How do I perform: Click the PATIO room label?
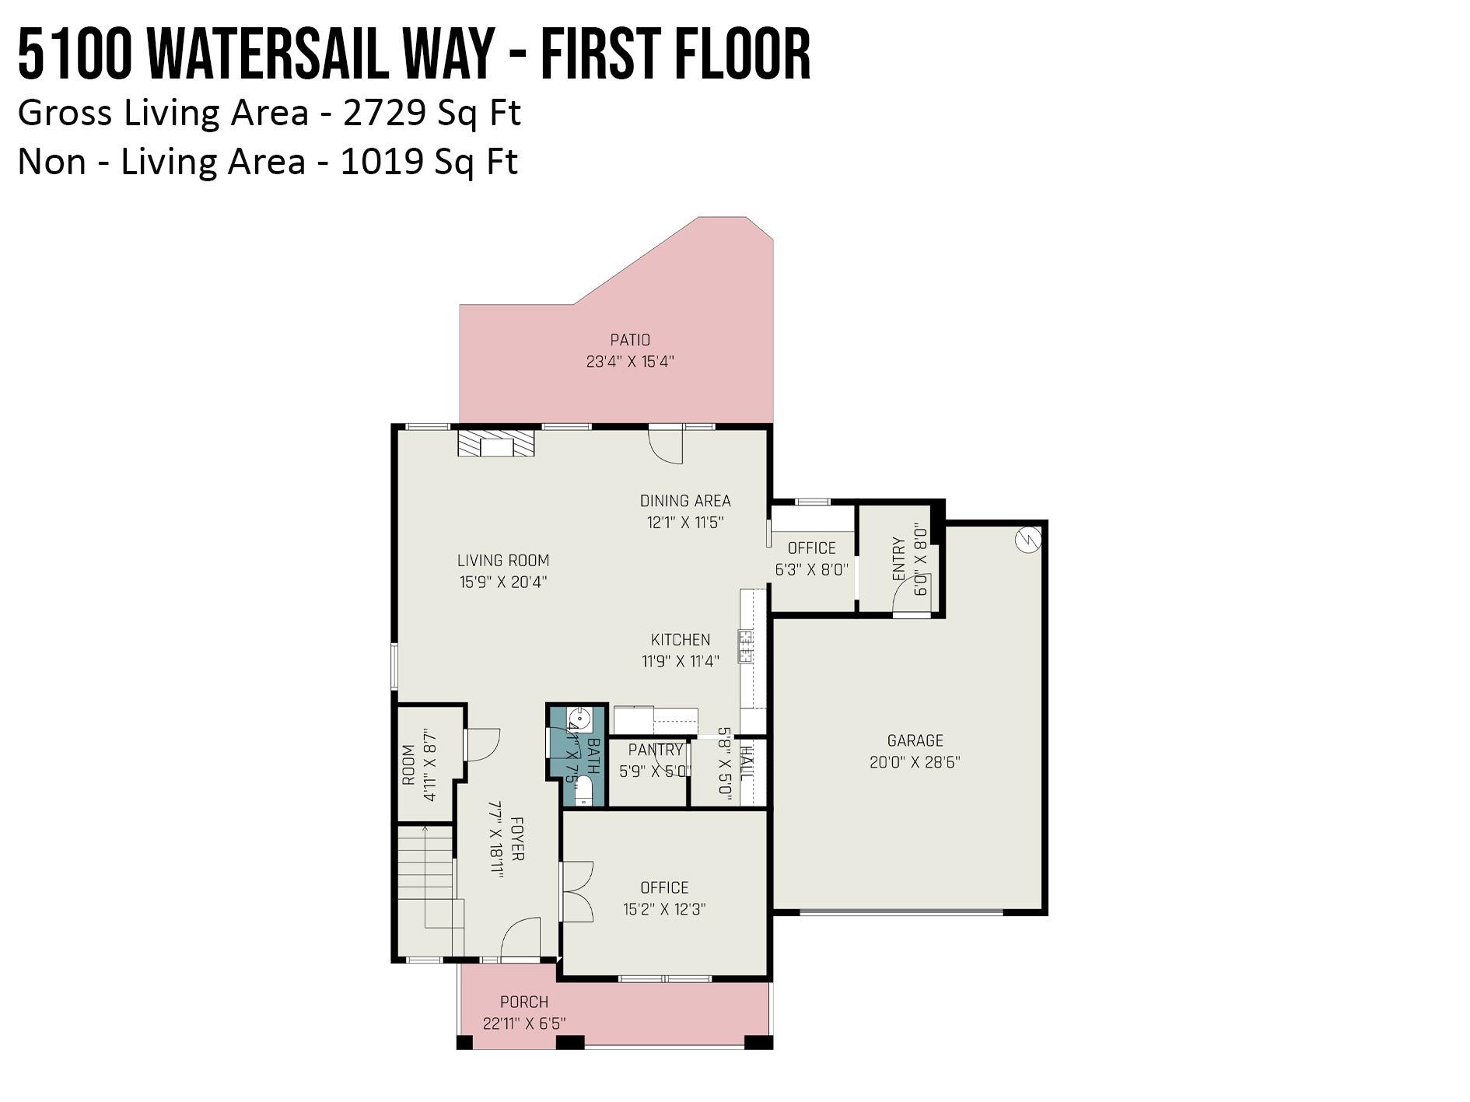630,340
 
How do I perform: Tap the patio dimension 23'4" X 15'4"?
630,362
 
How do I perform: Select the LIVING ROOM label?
503,560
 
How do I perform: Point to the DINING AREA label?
685,501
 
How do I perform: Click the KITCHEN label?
681,639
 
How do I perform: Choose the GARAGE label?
915,740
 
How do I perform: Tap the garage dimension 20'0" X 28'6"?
915,762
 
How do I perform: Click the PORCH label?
524,1002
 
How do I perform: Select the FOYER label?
517,838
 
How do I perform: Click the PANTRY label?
656,750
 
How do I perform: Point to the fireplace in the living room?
496,444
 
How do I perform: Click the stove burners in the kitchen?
746,646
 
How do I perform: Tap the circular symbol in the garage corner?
1028,538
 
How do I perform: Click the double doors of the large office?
576,890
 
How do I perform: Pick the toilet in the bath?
584,792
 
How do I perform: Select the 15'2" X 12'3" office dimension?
664,909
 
